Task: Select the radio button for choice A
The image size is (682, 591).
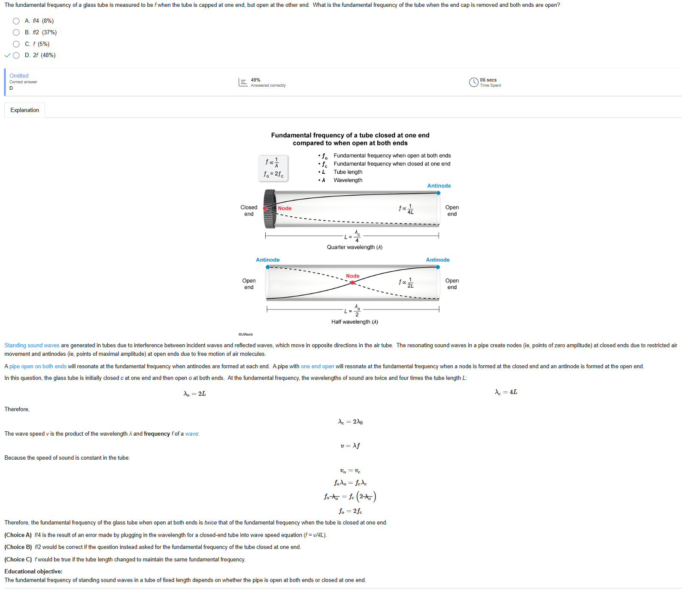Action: pyautogui.click(x=16, y=21)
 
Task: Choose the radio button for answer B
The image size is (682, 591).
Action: pyautogui.click(x=16, y=33)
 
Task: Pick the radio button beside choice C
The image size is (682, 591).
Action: pyautogui.click(x=16, y=44)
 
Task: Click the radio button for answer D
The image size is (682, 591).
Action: pyautogui.click(x=16, y=55)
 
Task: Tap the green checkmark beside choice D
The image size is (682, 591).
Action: pyautogui.click(x=7, y=55)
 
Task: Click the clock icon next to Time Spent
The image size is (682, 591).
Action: pyautogui.click(x=474, y=82)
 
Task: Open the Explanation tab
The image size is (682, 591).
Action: pyautogui.click(x=24, y=110)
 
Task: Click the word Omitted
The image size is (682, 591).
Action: pyautogui.click(x=19, y=76)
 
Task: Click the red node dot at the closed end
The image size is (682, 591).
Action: pyautogui.click(x=265, y=209)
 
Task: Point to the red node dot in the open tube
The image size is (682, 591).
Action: pyautogui.click(x=352, y=283)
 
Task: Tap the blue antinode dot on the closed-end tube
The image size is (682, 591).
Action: pyautogui.click(x=438, y=193)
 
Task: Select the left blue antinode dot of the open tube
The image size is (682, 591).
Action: pyautogui.click(x=268, y=267)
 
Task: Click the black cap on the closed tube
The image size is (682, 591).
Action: pyautogui.click(x=270, y=209)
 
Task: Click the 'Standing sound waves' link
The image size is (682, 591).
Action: pyautogui.click(x=32, y=346)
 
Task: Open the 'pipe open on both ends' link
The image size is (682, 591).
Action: pyautogui.click(x=38, y=367)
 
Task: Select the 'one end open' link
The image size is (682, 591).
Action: pyautogui.click(x=318, y=367)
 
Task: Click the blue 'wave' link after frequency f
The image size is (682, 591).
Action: pyautogui.click(x=191, y=434)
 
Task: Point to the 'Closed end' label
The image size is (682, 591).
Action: pyautogui.click(x=249, y=211)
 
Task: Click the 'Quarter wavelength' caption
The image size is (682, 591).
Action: pyautogui.click(x=355, y=247)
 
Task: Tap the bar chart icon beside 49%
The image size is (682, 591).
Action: pyautogui.click(x=243, y=82)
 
